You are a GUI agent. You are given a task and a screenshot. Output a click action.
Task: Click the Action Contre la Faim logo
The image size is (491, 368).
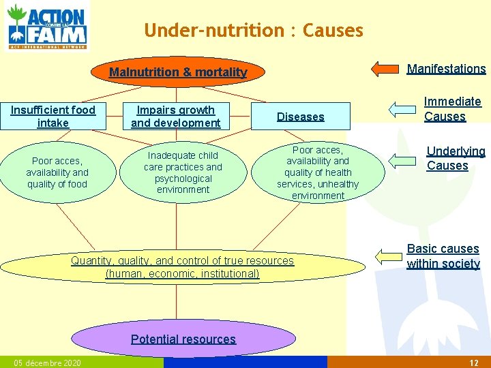46,27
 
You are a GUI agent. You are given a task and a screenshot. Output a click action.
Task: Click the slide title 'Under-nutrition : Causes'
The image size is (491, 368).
254,31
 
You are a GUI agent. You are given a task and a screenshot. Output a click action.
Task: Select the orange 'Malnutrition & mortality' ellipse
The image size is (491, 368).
179,72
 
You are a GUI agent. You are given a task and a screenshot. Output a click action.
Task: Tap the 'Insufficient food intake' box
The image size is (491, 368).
53,117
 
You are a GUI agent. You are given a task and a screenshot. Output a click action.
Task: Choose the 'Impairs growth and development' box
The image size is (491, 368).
176,117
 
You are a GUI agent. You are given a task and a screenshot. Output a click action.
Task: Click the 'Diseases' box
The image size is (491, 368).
300,117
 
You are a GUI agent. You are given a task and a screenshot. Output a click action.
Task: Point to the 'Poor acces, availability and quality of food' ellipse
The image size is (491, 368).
57,172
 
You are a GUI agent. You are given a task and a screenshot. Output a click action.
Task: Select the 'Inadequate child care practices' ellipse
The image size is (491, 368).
183,172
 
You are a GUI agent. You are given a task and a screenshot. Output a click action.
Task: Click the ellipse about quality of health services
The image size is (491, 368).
318,172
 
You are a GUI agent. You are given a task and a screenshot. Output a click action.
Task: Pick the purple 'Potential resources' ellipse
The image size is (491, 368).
183,339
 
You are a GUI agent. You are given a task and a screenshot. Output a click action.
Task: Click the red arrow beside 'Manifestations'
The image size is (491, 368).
385,68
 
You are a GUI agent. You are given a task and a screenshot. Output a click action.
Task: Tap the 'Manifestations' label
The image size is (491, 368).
446,68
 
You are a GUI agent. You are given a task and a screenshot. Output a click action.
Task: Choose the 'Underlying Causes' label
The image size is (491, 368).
456,158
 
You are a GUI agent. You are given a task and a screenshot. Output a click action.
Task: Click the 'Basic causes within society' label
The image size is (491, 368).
443,256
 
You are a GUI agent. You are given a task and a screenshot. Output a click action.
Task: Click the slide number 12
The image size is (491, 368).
474,363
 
